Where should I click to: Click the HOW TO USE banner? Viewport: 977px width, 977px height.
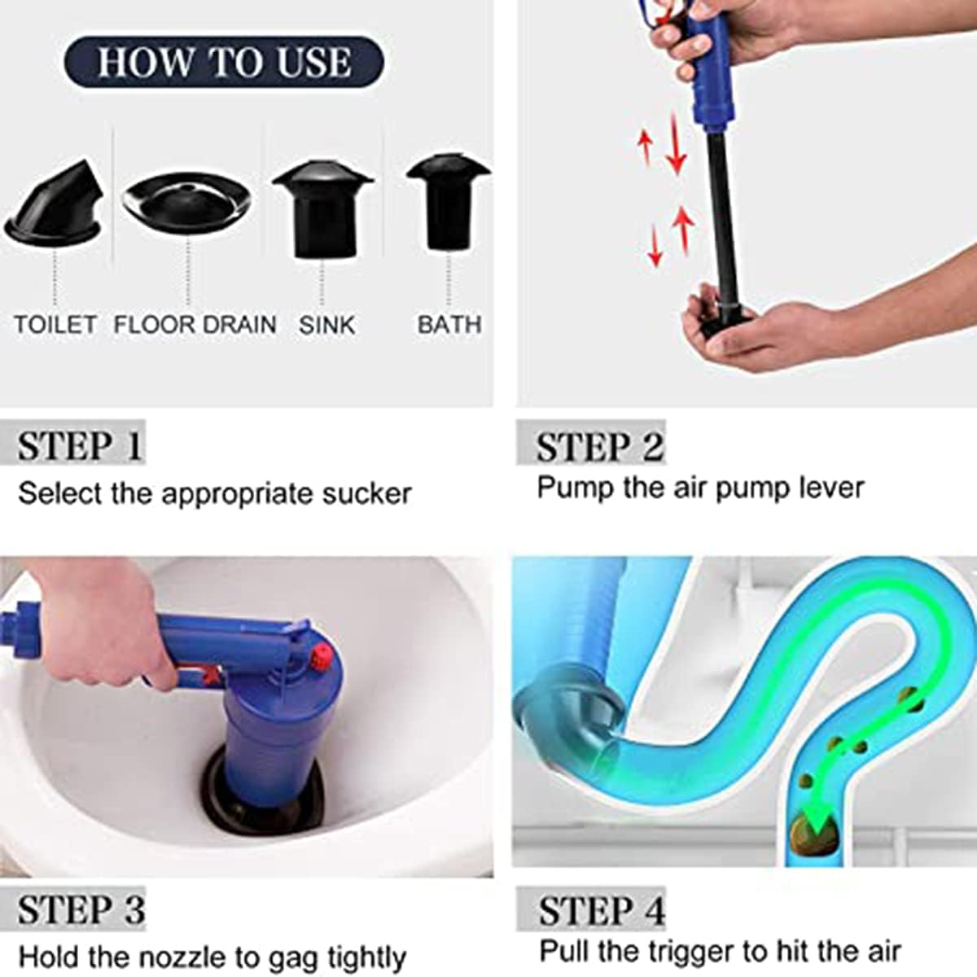point(223,62)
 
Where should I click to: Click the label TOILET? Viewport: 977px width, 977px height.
point(55,324)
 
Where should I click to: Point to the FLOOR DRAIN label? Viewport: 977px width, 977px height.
point(195,324)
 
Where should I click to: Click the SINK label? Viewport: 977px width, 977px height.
point(326,325)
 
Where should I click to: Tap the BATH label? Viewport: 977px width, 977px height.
point(449,324)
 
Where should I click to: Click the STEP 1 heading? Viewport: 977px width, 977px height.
point(80,445)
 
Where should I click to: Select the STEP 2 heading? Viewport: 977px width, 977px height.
point(599,446)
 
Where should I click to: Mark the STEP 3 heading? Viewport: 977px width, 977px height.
point(81,909)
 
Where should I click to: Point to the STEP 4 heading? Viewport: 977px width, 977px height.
point(602,909)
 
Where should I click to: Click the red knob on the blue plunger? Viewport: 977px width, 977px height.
point(323,654)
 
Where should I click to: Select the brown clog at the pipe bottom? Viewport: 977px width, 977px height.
point(813,836)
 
